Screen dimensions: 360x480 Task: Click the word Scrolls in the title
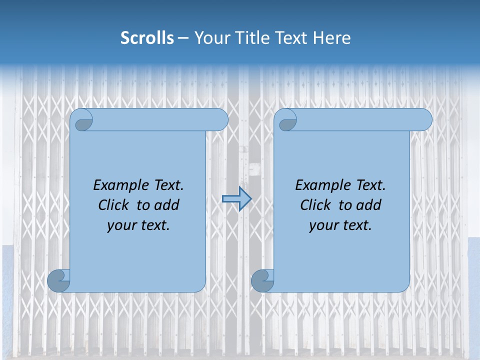(147, 38)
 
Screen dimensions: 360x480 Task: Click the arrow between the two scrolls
(236, 199)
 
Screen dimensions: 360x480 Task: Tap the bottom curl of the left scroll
(58, 280)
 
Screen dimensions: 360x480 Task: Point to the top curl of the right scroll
(286, 120)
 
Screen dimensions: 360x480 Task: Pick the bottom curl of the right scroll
(262, 280)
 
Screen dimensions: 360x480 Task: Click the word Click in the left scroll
(114, 205)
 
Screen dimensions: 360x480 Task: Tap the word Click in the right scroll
(316, 205)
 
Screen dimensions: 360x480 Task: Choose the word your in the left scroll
(120, 226)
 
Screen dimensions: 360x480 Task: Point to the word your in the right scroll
(322, 226)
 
